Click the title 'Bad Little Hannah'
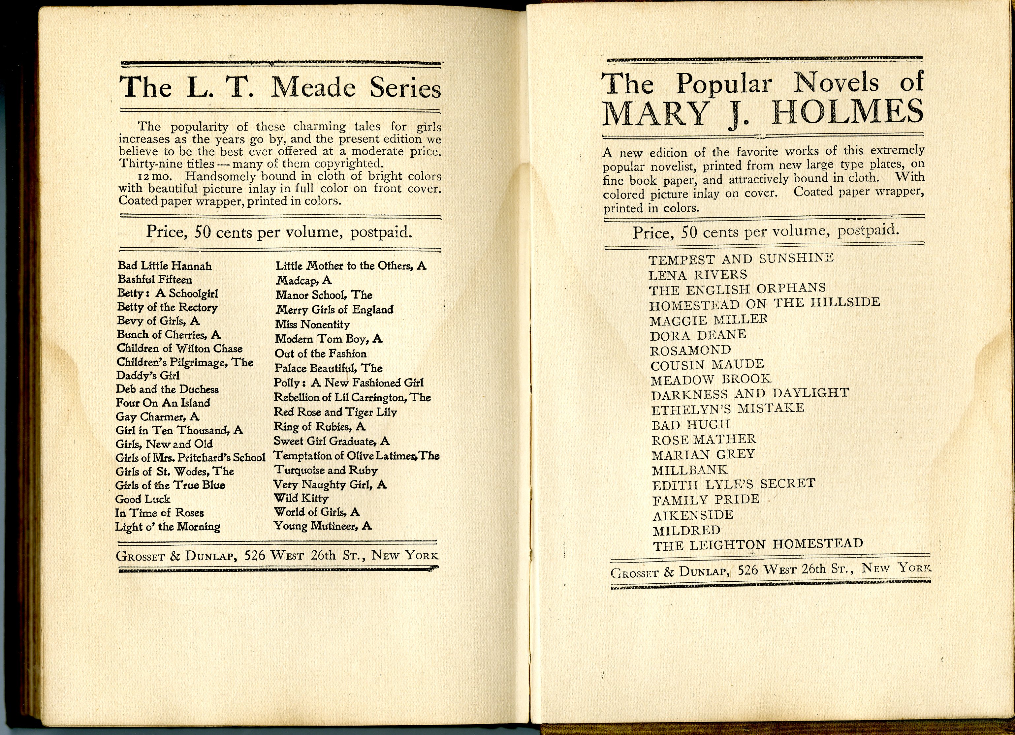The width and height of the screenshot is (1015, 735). (165, 266)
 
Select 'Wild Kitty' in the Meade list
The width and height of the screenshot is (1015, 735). (301, 498)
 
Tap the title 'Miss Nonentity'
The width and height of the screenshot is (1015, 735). (312, 324)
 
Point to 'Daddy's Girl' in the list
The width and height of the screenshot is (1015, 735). (148, 376)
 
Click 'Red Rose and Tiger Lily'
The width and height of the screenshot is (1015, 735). (335, 412)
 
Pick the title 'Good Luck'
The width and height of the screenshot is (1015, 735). (143, 499)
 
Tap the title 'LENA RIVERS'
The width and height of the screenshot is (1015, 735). (698, 275)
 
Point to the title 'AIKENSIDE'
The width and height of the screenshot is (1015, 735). (693, 515)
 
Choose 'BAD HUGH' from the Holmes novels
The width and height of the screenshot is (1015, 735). (690, 424)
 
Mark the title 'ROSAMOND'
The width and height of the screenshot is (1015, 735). (690, 350)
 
